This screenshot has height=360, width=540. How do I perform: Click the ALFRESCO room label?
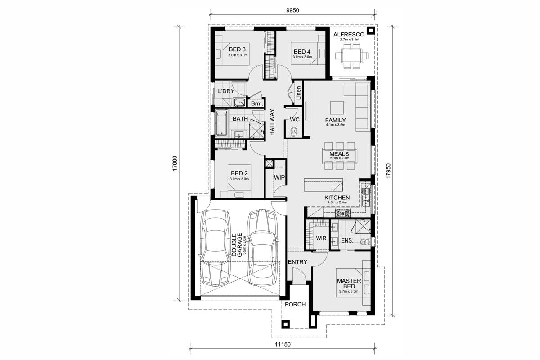(x=349, y=35)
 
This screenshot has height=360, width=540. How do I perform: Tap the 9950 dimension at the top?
(x=292, y=10)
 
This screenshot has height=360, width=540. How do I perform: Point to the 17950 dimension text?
(x=388, y=171)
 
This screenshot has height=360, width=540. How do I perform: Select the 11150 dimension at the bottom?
(x=283, y=344)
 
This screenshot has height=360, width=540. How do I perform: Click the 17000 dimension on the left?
(x=175, y=163)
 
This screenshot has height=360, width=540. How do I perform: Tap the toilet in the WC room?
(x=293, y=132)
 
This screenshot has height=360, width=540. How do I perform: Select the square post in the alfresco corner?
(x=370, y=31)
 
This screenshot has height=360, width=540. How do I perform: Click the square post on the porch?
(x=285, y=324)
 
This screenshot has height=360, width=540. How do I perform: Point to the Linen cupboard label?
(x=299, y=93)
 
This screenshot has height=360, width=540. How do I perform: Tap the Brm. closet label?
(x=257, y=103)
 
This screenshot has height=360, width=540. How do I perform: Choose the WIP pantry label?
(x=279, y=177)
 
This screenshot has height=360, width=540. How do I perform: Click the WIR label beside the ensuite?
(x=321, y=238)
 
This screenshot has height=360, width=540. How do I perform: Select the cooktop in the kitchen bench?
(x=343, y=213)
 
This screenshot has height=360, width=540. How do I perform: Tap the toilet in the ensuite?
(x=364, y=241)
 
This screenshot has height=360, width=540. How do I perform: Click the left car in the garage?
(x=215, y=247)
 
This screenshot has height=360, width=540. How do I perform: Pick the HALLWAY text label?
(x=272, y=122)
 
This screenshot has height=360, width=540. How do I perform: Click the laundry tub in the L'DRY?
(x=239, y=103)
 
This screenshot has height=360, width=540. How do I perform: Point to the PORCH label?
(x=295, y=305)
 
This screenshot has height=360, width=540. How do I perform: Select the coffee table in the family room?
(x=337, y=108)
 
